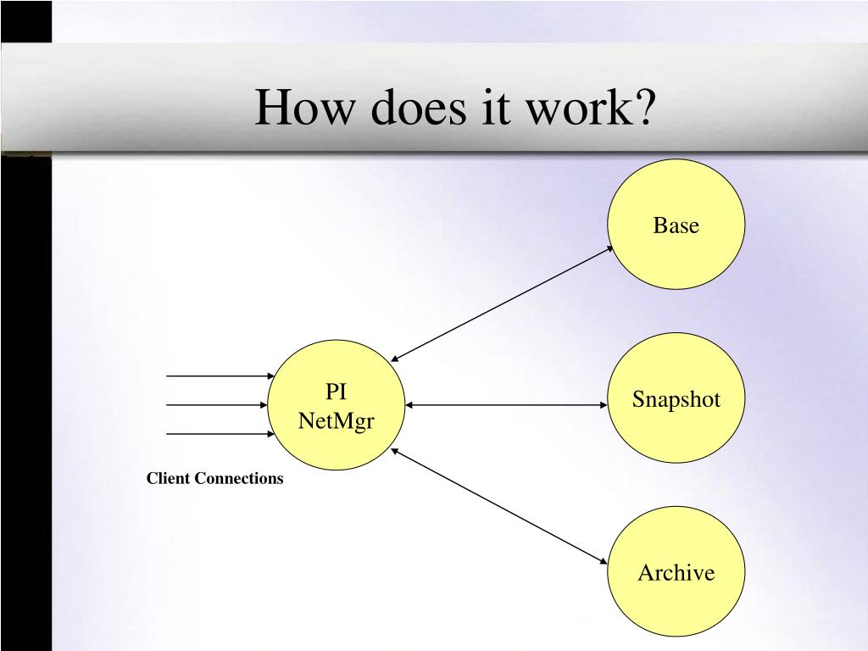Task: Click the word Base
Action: (676, 226)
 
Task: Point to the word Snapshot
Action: (676, 400)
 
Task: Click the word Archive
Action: (676, 573)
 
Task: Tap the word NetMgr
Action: (337, 420)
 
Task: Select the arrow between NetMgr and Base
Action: (502, 304)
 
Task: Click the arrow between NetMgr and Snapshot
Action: (506, 405)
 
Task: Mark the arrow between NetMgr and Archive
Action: (500, 506)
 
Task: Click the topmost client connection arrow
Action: (220, 376)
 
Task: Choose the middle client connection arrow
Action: (220, 405)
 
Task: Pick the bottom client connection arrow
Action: (220, 434)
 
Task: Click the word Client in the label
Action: (169, 478)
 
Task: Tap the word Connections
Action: (239, 478)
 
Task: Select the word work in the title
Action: (593, 108)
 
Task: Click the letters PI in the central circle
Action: (336, 392)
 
